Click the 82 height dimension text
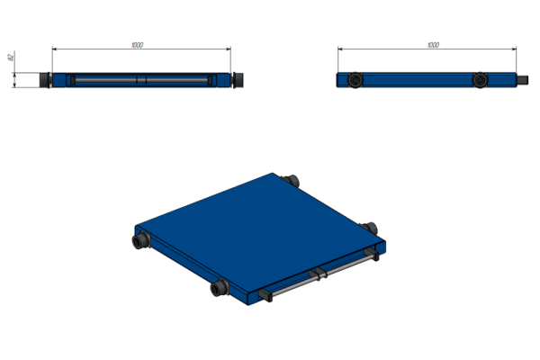(11, 57)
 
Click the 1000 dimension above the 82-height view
(137, 45)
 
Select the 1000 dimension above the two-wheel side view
(433, 45)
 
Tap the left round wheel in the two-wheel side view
(355, 80)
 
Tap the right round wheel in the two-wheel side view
(480, 80)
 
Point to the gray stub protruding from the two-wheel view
(522, 80)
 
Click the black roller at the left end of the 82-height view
(45, 80)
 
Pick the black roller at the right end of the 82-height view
(238, 80)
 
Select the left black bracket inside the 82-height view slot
(73, 80)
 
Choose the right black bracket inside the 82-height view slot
(210, 80)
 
